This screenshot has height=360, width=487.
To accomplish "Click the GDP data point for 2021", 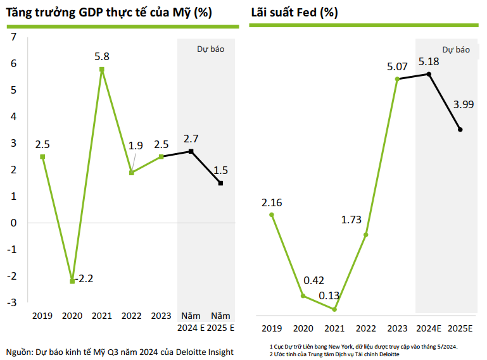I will click(x=102, y=69).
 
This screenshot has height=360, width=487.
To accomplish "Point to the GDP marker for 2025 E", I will click(x=220, y=183).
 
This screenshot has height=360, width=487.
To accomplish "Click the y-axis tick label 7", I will click(x=14, y=37).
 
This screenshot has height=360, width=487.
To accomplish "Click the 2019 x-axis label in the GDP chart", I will click(x=42, y=315).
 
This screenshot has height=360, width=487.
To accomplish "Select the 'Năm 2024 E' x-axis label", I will click(x=191, y=321).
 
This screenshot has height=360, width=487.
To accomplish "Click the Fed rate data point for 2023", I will click(x=397, y=79).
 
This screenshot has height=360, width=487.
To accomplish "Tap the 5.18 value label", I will click(x=429, y=62).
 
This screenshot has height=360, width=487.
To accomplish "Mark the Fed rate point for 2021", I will click(x=334, y=309).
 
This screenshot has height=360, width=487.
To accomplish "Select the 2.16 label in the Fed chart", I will click(x=272, y=203).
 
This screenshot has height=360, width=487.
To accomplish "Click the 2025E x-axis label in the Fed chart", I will click(x=460, y=328).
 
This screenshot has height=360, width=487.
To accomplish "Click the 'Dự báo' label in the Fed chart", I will click(x=456, y=49).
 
